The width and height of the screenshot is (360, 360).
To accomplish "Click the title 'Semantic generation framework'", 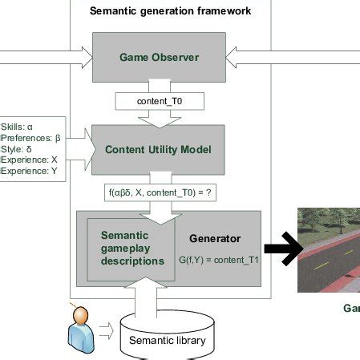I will tap(170, 10).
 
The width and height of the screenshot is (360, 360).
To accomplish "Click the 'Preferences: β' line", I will tap(31, 137).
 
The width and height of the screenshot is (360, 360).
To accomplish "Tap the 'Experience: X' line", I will tap(30, 160).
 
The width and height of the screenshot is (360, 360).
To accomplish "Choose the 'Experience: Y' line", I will tap(30, 171).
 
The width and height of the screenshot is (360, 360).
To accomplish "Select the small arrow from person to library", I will tap(107, 329).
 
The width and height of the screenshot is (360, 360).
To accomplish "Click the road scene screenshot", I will tap(329, 249).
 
